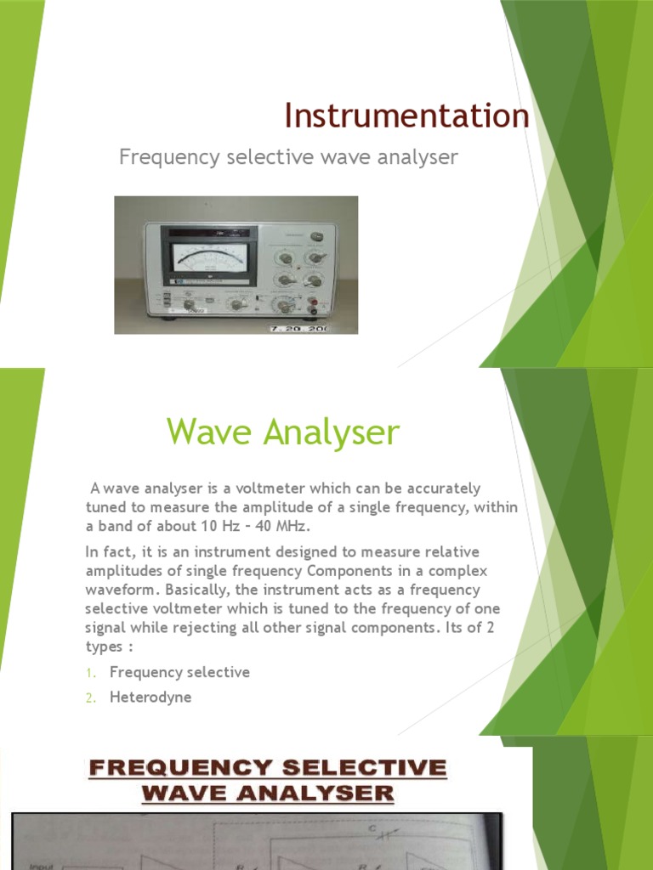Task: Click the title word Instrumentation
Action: pos(406,116)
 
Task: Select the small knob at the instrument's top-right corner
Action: pos(318,236)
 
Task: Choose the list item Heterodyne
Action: pos(150,698)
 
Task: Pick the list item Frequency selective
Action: pos(179,672)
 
